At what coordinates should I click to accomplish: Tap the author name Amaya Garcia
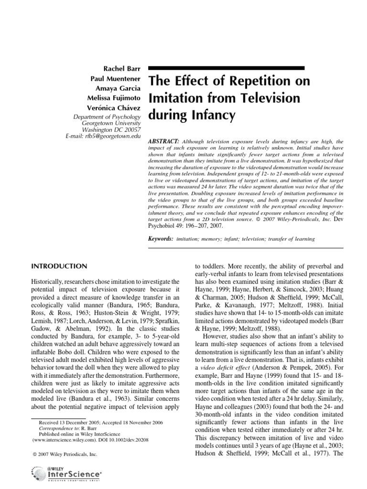[119, 88]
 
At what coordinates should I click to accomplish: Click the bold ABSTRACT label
[164, 142]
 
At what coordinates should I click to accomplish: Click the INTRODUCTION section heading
[59, 266]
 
